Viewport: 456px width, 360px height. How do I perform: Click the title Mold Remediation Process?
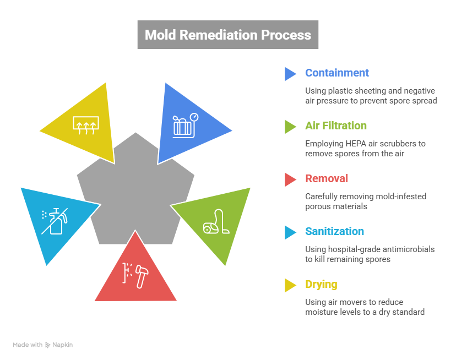point(227,35)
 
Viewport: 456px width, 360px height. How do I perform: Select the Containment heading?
point(336,73)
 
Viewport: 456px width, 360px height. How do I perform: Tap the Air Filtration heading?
point(335,126)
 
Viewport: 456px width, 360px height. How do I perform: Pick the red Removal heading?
point(327,179)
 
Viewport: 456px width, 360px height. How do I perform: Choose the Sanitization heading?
point(334,232)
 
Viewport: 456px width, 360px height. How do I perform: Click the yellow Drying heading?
point(321,285)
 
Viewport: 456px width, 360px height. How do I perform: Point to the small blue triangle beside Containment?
point(290,74)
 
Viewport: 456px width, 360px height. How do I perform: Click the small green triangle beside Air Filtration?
point(290,127)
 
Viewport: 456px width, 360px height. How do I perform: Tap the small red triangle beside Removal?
point(290,179)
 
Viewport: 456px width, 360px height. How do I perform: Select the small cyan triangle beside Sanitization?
point(290,232)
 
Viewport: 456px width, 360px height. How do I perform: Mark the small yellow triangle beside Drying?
point(290,285)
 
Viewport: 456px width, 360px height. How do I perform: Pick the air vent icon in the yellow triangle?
point(86,124)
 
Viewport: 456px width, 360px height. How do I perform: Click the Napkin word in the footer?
point(62,345)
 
